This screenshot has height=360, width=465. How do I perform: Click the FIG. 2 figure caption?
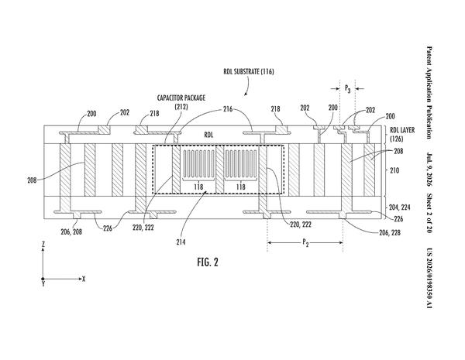[x=208, y=262]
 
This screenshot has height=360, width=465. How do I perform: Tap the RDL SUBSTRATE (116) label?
[x=249, y=71]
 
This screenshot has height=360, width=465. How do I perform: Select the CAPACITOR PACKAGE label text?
[x=181, y=98]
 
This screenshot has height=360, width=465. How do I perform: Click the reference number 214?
[x=181, y=242]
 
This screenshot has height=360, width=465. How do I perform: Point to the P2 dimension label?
[x=305, y=243]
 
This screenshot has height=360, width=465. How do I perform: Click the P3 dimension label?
[x=347, y=88]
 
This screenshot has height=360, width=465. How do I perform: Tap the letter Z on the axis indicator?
[x=43, y=245]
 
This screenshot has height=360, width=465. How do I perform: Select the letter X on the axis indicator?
[x=84, y=279]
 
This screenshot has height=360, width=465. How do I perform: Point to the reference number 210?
[x=394, y=170]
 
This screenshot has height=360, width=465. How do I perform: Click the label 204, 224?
[x=399, y=207]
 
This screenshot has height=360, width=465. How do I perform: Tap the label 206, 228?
[x=390, y=232]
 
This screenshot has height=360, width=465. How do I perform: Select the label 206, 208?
[x=71, y=231]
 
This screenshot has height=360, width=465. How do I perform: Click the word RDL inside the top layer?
[x=208, y=135]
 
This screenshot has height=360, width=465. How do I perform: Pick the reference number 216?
[x=228, y=109]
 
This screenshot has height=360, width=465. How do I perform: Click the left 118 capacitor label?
[x=198, y=187]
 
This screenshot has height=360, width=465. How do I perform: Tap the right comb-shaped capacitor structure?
[x=240, y=164]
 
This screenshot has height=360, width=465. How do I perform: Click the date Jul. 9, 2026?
[x=429, y=170]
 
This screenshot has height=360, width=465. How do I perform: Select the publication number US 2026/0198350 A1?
[x=429, y=278]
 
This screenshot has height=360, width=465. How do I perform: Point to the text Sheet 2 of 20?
[x=429, y=214]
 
